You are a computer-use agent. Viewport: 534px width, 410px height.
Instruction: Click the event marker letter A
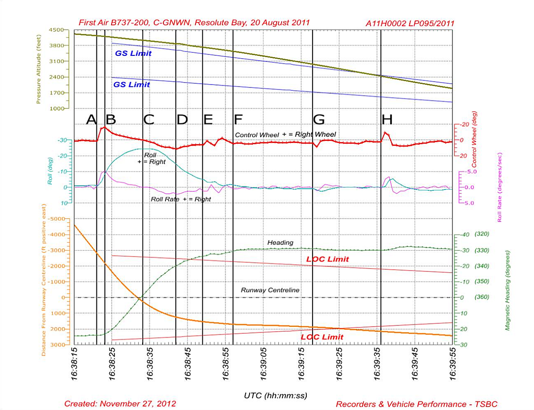(91, 119)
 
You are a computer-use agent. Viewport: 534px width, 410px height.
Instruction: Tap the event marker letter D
(182, 119)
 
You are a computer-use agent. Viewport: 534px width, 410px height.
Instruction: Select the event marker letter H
(387, 119)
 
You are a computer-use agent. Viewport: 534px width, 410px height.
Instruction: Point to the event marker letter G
(319, 119)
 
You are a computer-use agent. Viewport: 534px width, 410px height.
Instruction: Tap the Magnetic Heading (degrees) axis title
(508, 290)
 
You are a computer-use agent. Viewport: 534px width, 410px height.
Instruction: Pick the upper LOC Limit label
(327, 259)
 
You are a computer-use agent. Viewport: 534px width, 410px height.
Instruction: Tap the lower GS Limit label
(132, 85)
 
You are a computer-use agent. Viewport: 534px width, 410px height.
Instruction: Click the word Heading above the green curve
(280, 242)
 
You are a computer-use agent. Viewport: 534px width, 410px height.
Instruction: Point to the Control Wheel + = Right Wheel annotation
(285, 134)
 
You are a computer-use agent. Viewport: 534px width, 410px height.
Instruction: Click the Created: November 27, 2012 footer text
(120, 404)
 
